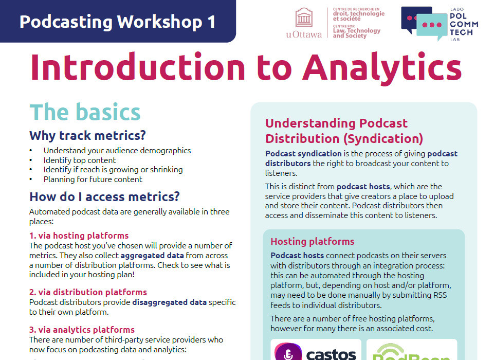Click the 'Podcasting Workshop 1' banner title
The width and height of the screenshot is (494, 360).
[117, 22]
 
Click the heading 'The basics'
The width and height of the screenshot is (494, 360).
[85, 112]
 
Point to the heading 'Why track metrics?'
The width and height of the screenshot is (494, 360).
[87, 136]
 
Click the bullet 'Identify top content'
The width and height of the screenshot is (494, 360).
[80, 160]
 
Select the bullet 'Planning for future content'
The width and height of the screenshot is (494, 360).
[93, 179]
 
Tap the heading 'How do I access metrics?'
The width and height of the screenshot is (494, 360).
[104, 196]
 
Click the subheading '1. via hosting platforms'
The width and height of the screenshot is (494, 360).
[79, 236]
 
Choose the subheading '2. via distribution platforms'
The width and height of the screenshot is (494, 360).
[88, 292]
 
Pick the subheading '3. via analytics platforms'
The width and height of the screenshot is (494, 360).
[82, 330]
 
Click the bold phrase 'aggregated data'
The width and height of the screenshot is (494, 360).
[149, 255]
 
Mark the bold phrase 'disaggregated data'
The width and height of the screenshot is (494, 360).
[169, 302]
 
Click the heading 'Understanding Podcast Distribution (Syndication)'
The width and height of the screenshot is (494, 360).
[344, 131]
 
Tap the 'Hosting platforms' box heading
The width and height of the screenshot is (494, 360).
[312, 241]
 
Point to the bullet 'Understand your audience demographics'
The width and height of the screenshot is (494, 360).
[117, 151]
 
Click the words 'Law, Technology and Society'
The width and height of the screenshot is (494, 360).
[356, 33]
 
